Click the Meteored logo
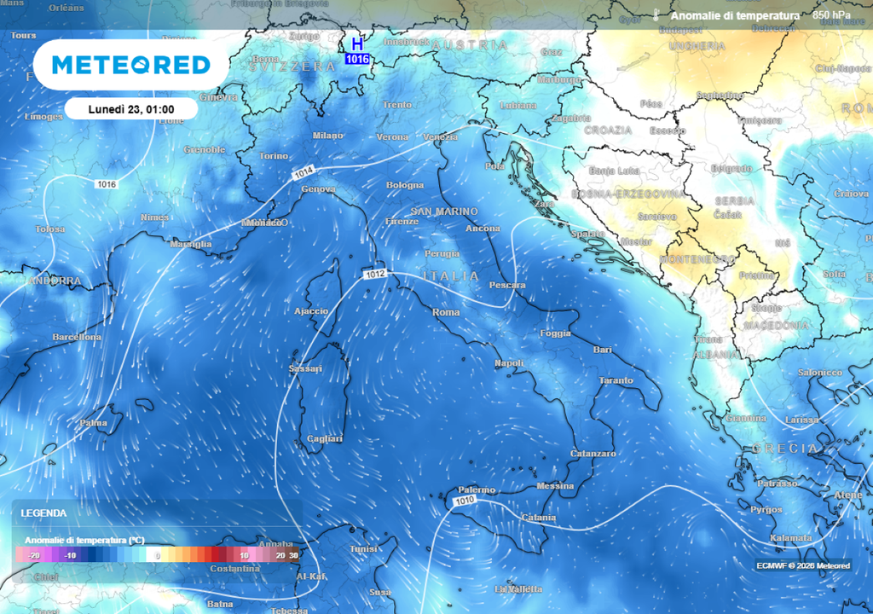(130, 65)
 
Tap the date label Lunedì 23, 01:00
(131, 109)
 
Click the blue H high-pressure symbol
(357, 43)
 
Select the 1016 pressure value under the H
(357, 59)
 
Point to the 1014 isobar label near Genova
(304, 173)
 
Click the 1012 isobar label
(375, 275)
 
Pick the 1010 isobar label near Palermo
(465, 501)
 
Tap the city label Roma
(446, 313)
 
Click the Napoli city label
(509, 364)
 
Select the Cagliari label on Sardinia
(324, 438)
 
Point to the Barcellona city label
(77, 337)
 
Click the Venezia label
(440, 137)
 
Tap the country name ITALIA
(451, 276)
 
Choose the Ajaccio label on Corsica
(311, 311)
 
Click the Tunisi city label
(363, 549)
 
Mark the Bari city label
(603, 350)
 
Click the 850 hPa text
(831, 15)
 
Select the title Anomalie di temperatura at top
(735, 15)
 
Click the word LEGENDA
(43, 513)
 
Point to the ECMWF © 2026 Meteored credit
(802, 565)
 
